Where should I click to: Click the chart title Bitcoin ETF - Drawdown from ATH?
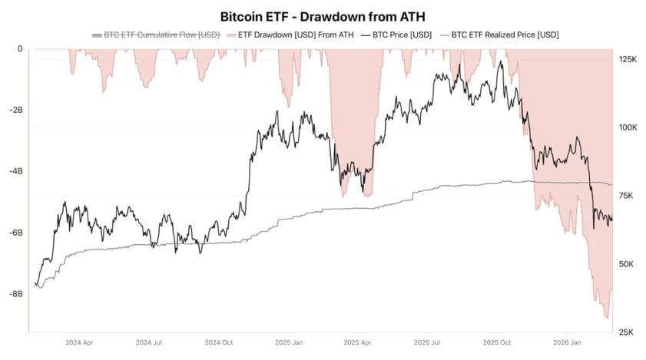point(323,15)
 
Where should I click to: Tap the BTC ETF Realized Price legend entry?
point(499,35)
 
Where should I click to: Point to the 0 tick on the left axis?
point(20,49)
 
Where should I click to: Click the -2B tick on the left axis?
point(15,110)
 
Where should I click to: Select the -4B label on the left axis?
point(15,171)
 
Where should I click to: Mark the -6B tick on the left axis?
point(15,233)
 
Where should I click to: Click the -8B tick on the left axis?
point(15,293)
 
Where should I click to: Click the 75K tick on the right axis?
point(626,196)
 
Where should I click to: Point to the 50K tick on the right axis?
point(626,264)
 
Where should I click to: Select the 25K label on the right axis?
point(626,332)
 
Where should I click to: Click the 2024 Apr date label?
point(80,342)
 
